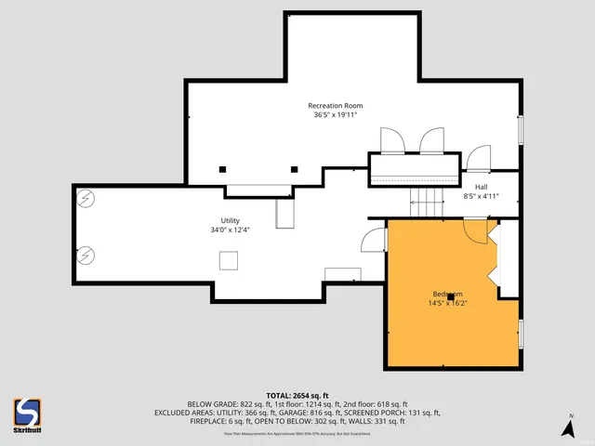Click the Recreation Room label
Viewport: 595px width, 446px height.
(336, 106)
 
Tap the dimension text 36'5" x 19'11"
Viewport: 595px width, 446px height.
(336, 116)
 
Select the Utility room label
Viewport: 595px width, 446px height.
(231, 220)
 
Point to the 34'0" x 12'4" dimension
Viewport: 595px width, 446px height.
(231, 230)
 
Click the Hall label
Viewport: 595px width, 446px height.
(482, 187)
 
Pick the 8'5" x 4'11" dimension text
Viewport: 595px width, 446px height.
(482, 197)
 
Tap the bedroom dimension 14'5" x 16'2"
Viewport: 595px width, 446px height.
(448, 303)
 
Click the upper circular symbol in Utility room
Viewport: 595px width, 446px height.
(85, 197)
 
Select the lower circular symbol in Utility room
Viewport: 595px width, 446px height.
(85, 253)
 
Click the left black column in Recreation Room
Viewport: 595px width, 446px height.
(223, 169)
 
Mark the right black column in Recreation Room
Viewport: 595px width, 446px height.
(295, 169)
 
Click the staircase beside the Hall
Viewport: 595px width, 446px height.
(429, 199)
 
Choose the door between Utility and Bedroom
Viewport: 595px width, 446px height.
(374, 241)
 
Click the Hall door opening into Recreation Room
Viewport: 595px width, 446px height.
(479, 159)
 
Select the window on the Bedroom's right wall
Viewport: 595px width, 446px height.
(521, 332)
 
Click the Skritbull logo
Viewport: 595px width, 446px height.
(26, 413)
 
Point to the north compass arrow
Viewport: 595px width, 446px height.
(568, 426)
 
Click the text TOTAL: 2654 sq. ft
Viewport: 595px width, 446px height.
(297, 395)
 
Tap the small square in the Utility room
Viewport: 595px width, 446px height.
(228, 261)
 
